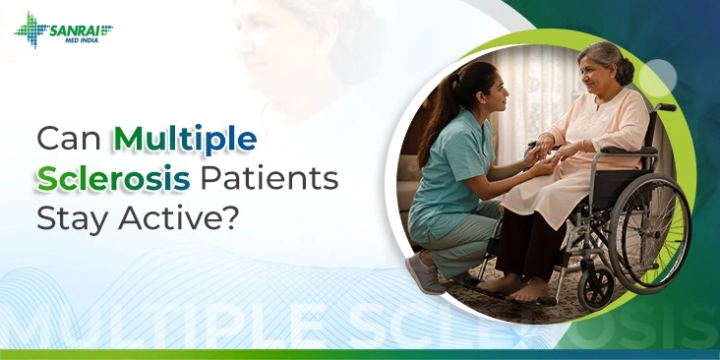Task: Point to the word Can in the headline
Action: tap(68, 139)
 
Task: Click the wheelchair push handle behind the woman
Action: tap(666, 107)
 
